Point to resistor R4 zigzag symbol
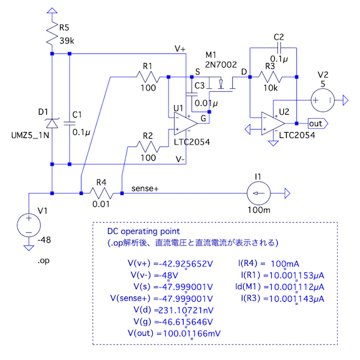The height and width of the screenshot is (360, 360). (101, 193)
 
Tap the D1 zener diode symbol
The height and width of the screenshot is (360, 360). (52, 123)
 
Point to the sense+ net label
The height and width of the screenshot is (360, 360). (145, 188)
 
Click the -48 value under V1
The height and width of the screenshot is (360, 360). (44, 240)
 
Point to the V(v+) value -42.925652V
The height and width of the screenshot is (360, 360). (184, 264)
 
